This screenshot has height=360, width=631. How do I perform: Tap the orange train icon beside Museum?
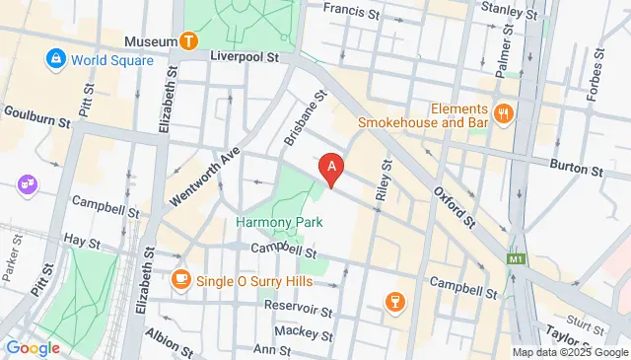pyautogui.click(x=188, y=41)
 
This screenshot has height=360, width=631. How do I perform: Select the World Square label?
pyautogui.click(x=111, y=60)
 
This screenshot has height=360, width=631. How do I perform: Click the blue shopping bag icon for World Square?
pyautogui.click(x=55, y=60)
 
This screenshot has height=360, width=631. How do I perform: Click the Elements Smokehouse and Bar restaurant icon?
pyautogui.click(x=504, y=114)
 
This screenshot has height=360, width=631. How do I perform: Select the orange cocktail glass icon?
pyautogui.click(x=393, y=300)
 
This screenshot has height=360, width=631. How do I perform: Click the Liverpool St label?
pyautogui.click(x=245, y=57)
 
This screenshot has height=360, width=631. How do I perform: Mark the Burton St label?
pyautogui.click(x=579, y=170)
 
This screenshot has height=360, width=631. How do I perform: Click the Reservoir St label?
pyautogui.click(x=298, y=310)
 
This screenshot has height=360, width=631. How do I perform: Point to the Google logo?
pyautogui.click(x=33, y=347)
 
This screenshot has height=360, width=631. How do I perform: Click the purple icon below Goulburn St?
pyautogui.click(x=25, y=184)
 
